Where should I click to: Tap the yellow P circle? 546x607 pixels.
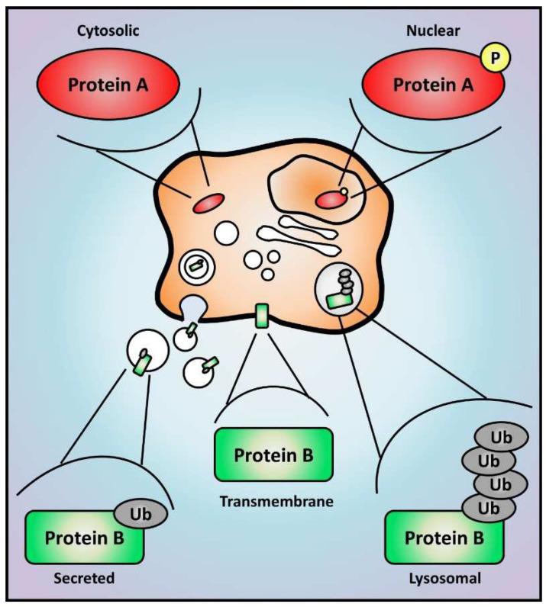pos(489,57)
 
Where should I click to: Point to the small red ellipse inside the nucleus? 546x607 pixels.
pos(331,199)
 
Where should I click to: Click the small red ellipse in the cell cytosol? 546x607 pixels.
pos(207,204)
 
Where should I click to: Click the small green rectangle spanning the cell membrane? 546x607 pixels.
pos(262,316)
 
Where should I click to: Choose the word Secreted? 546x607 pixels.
pos(85,579)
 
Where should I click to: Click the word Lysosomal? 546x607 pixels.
pos(444,579)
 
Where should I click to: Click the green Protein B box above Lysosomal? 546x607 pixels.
pos(443,538)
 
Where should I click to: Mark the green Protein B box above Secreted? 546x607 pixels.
pos(84,538)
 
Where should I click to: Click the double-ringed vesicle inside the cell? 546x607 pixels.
pos(195,267)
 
